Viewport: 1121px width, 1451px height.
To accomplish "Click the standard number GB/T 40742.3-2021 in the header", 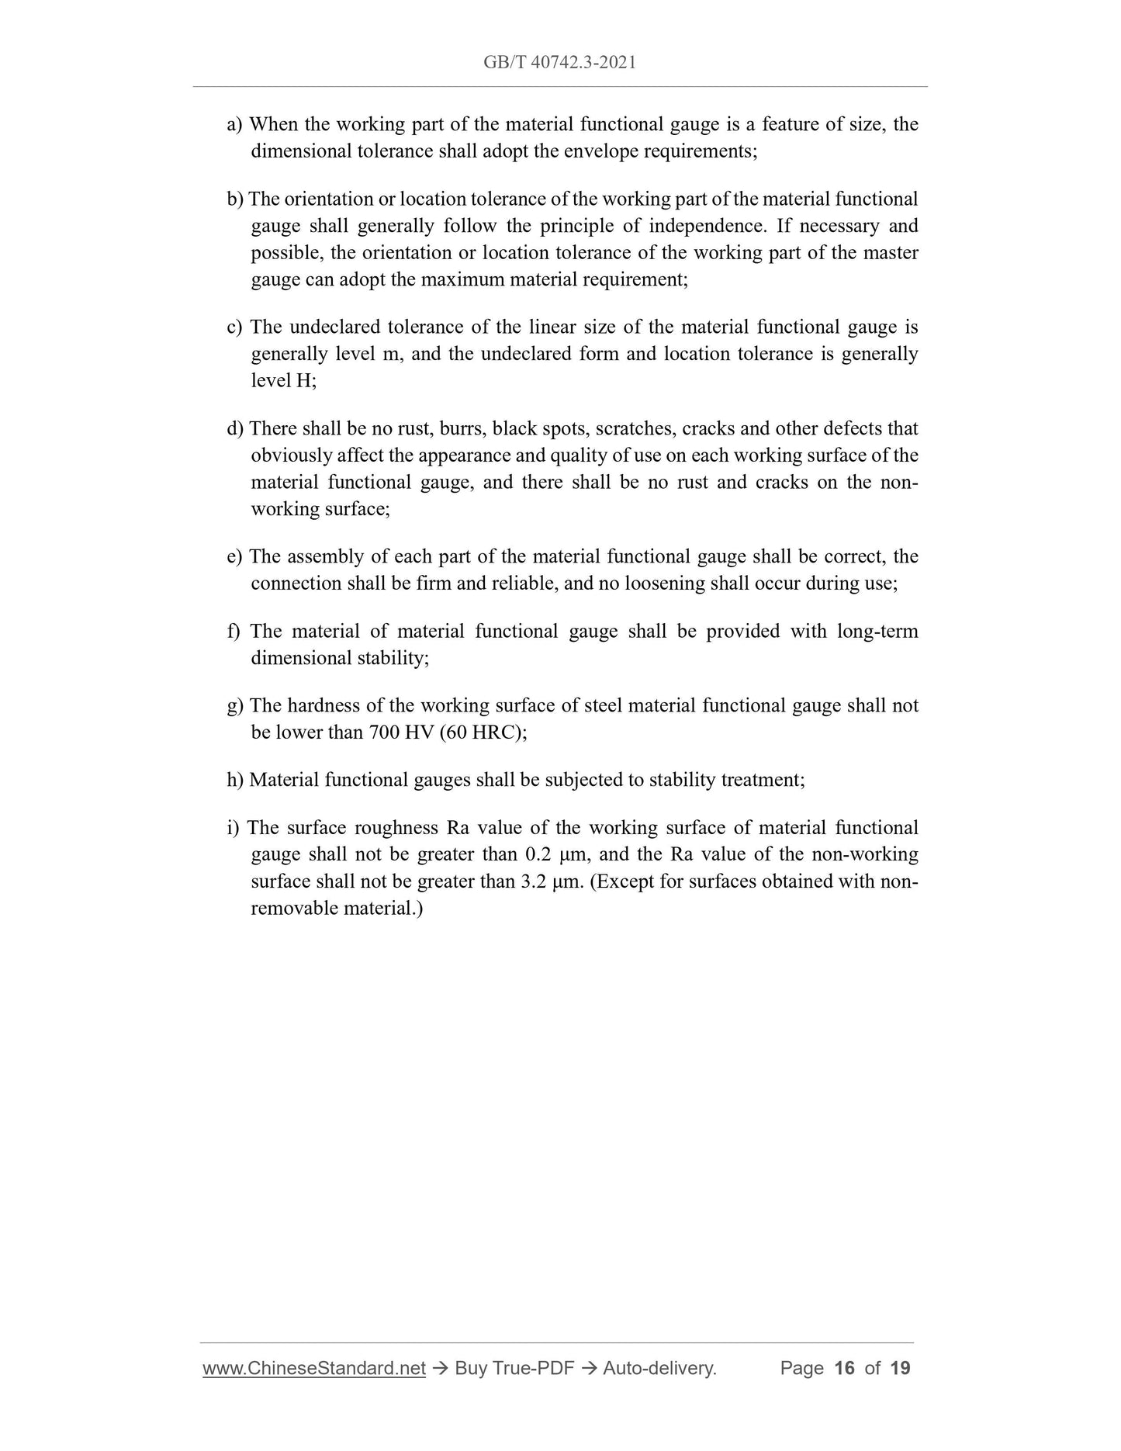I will click(x=559, y=63).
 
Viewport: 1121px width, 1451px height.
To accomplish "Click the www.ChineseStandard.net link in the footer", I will click(x=314, y=1368).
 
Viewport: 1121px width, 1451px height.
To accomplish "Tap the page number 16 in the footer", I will click(x=843, y=1368).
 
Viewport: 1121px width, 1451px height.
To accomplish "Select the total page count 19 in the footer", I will click(x=900, y=1368).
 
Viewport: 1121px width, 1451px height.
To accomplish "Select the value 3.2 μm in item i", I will click(x=552, y=881).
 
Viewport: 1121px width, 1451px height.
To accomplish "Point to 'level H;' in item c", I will click(x=283, y=380).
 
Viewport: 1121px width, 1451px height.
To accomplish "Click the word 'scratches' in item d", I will click(x=633, y=428).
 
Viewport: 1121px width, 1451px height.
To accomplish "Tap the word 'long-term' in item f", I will click(x=877, y=631).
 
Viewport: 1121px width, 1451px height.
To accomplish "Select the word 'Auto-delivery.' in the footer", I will click(x=659, y=1368).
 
